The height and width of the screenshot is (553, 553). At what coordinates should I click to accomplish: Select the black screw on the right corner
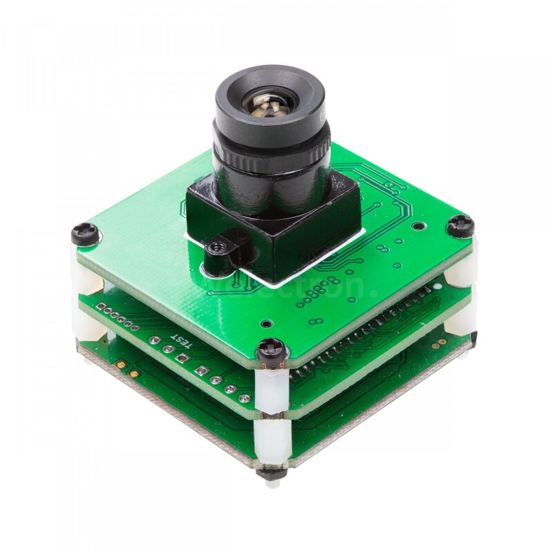pos(460,225)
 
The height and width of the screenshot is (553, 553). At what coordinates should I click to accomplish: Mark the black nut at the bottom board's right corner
pos(474,337)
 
